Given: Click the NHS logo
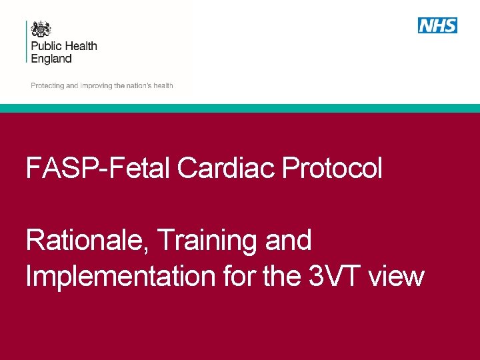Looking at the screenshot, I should [437, 25].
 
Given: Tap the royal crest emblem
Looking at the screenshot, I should [41, 29].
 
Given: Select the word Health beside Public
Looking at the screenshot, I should [81, 46].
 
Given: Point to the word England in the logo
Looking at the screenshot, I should [51, 59].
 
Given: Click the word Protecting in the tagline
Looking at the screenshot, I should [47, 86].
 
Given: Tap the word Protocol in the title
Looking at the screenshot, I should [332, 169].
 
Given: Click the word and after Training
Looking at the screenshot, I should [288, 241].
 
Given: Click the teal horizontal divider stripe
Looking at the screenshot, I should [240, 108].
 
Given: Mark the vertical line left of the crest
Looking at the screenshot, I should [27, 41].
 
